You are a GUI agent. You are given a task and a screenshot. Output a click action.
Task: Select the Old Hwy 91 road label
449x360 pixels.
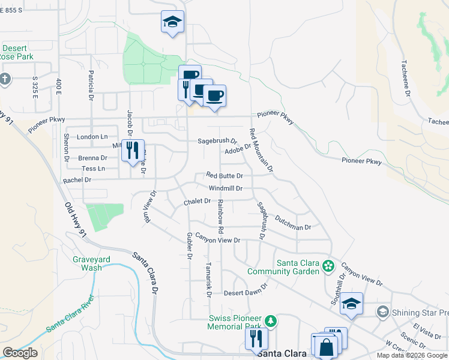tap(76, 218)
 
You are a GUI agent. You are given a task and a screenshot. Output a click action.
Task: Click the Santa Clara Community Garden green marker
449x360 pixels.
tap(328, 265)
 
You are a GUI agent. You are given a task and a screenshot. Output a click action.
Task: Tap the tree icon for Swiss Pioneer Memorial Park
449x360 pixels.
tap(271, 320)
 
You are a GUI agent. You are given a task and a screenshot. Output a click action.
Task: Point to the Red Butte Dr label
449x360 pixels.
tap(224, 176)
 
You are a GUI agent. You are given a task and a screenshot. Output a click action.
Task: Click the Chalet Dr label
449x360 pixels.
tap(197, 202)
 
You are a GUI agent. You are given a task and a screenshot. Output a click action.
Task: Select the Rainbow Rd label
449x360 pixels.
tap(221, 217)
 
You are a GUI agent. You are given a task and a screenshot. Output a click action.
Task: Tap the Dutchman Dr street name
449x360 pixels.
tap(292, 224)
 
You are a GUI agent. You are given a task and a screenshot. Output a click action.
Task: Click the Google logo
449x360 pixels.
tap(20, 352)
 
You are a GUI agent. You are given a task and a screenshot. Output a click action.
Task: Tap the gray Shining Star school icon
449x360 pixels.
tap(382, 312)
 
